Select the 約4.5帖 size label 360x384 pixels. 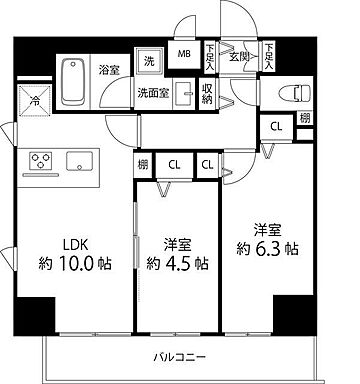(x=177, y=265)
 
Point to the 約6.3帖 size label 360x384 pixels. (x=265, y=248)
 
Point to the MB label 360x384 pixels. (x=185, y=54)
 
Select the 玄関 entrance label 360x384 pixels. (x=239, y=55)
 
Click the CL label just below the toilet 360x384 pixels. (x=276, y=125)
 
